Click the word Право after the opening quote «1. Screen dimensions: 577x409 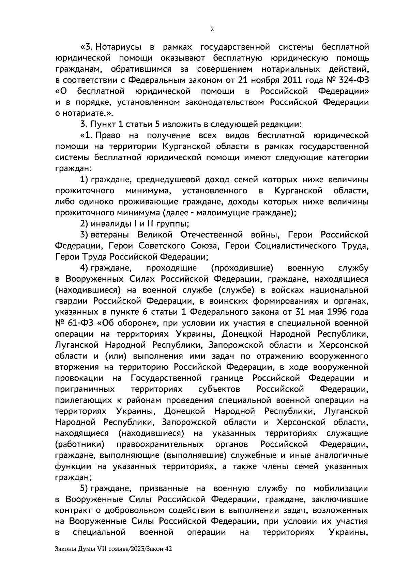(108, 135)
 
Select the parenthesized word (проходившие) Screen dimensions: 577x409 (242, 268)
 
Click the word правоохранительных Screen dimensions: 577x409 (160, 444)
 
